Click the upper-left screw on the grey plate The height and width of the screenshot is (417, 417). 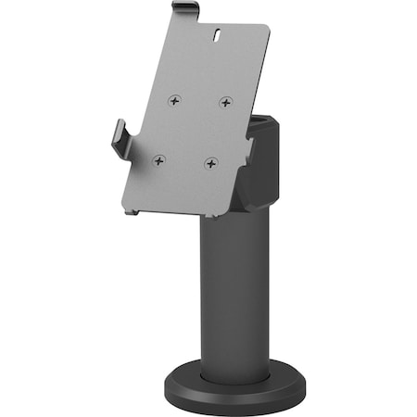tap(177, 99)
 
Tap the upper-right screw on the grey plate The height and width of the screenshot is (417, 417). tap(225, 102)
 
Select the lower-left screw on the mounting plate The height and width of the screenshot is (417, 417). tap(159, 159)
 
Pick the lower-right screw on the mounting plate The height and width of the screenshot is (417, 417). tap(210, 163)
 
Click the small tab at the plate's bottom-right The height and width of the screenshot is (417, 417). tap(214, 217)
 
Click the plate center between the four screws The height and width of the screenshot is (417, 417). tap(193, 131)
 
